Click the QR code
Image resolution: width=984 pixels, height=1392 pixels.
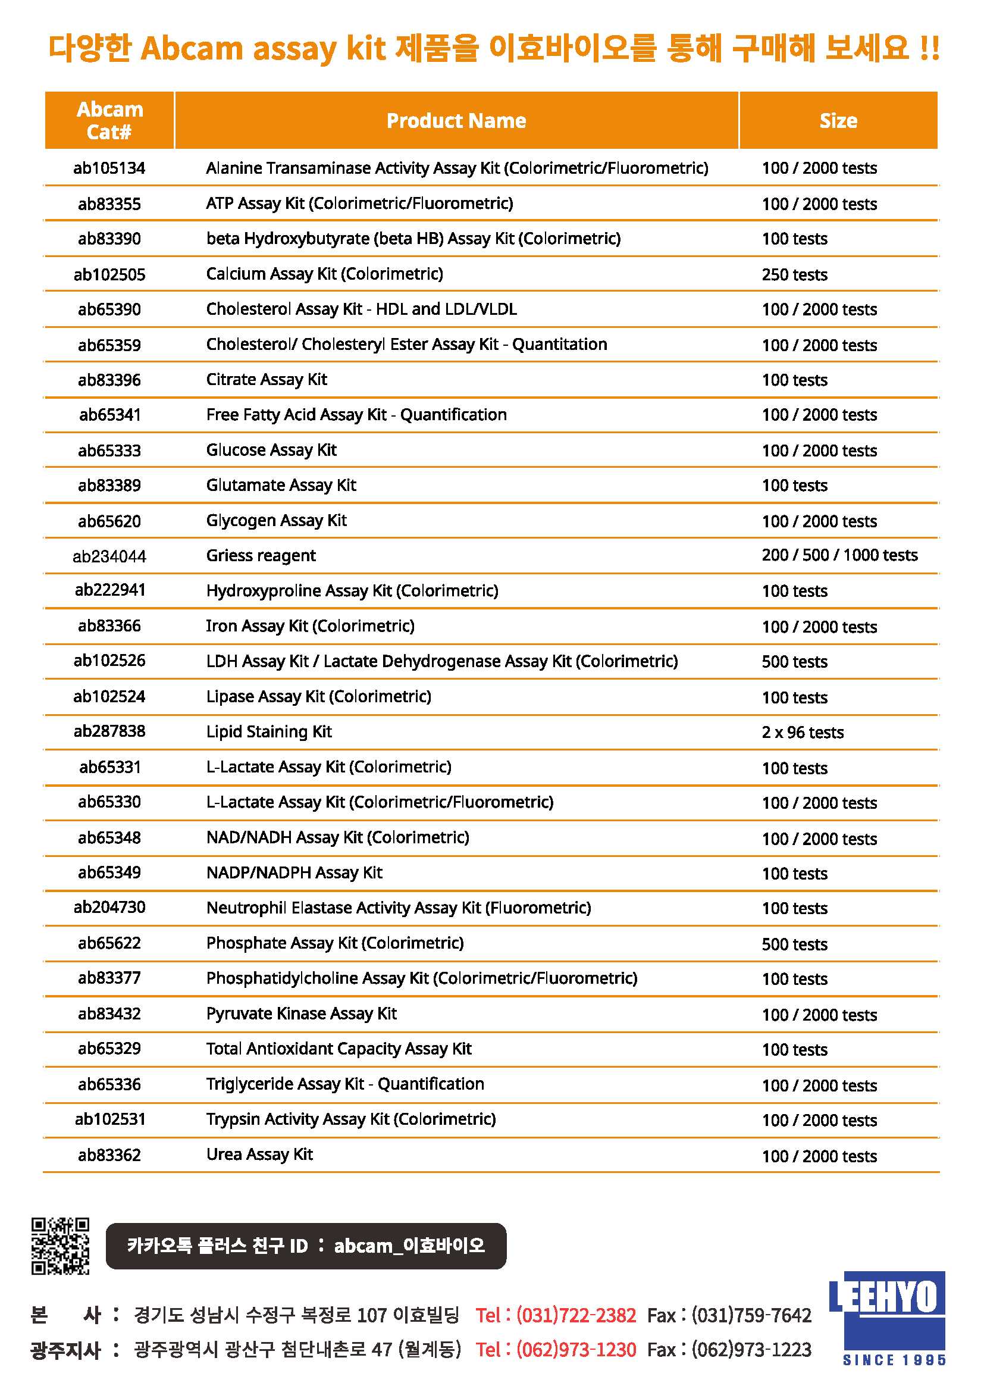point(60,1245)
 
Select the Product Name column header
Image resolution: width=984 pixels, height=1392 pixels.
point(456,121)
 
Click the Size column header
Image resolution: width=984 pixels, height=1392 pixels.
point(838,121)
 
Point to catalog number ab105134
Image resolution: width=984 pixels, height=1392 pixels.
point(109,168)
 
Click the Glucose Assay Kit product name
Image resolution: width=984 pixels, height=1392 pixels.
point(271,450)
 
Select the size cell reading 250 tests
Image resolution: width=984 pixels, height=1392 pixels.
point(794,274)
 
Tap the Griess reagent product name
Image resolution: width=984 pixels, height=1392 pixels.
point(261,555)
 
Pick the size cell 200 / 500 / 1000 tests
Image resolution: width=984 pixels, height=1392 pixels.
point(839,555)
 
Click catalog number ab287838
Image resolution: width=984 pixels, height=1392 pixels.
point(109,731)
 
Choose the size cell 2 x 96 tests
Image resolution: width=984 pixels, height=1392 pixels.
point(802,733)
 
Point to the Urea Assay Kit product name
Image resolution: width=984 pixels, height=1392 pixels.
point(259,1155)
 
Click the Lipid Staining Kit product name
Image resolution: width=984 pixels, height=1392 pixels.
point(268,732)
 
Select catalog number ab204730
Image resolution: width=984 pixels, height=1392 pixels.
point(109,907)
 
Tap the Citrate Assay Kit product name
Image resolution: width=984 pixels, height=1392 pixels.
point(266,380)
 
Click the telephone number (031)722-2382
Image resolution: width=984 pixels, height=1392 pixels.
point(576,1315)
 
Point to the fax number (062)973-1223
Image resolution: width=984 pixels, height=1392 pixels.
point(751,1350)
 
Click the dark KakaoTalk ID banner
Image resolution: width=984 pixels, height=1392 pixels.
point(305,1246)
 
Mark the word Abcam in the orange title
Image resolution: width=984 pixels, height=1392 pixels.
point(192,48)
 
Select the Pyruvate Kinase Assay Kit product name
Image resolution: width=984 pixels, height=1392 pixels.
point(301,1013)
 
